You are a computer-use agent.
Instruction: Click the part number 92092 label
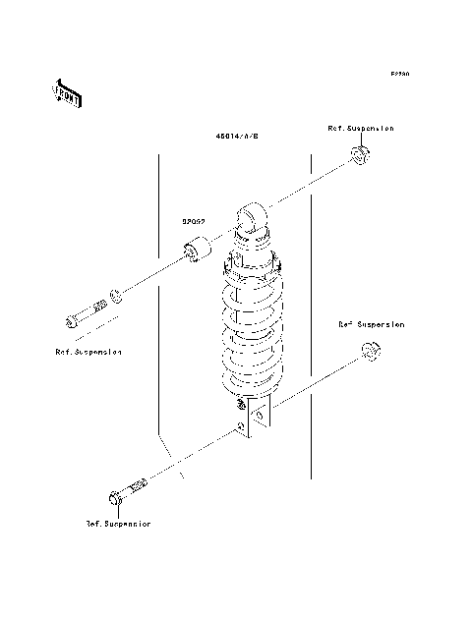(x=193, y=223)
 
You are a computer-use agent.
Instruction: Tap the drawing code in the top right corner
(x=398, y=74)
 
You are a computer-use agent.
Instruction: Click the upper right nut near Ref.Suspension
(x=360, y=154)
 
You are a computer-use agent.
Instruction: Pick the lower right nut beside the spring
(x=372, y=351)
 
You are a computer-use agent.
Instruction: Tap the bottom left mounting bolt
(x=128, y=490)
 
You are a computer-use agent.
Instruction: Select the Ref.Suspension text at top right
(x=361, y=129)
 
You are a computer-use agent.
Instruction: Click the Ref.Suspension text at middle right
(x=371, y=323)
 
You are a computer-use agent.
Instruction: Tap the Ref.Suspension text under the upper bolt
(x=88, y=351)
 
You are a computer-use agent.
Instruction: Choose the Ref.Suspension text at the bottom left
(x=118, y=524)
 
